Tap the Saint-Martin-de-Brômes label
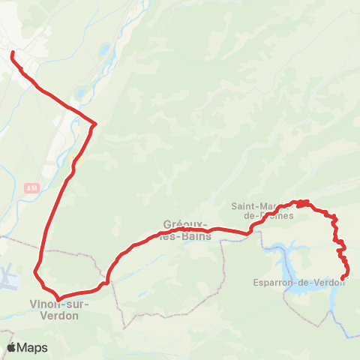tap(262, 211)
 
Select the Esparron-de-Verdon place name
tap(299, 283)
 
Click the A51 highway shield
tap(31, 187)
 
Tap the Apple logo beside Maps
tap(12, 347)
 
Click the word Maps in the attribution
tap(33, 348)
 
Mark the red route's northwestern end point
tap(13, 52)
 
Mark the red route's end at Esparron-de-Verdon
tap(343, 279)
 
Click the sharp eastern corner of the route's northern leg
tap(97, 123)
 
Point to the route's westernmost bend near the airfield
tap(35, 271)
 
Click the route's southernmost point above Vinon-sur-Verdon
tap(58, 298)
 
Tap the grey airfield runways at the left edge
tap(7, 278)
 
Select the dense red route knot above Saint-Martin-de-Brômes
tap(301, 202)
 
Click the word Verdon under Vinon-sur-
tap(59, 315)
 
